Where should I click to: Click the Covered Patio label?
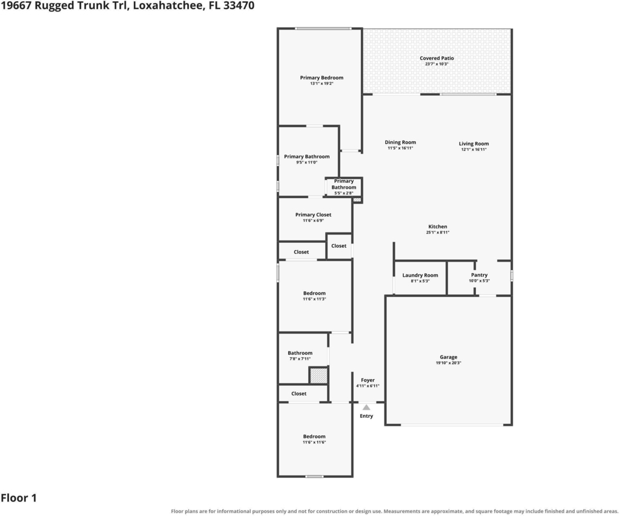[x=437, y=58]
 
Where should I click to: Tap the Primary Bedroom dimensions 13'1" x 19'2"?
[x=322, y=84]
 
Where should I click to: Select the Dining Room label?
[x=400, y=142]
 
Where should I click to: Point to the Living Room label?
[x=473, y=144]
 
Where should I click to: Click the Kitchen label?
[x=438, y=227]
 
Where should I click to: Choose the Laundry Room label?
[x=420, y=275]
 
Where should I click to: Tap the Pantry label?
[x=480, y=275]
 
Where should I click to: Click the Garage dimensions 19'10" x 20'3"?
[x=449, y=363]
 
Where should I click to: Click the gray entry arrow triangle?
[x=366, y=407]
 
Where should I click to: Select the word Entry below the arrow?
[x=366, y=416]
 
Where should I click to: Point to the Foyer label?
[x=368, y=380]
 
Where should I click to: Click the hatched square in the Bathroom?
[x=318, y=375]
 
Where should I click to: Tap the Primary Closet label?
[x=313, y=215]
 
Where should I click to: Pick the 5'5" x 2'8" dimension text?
[x=344, y=193]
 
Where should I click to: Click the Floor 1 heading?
[x=19, y=498]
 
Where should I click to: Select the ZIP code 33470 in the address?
[x=239, y=5]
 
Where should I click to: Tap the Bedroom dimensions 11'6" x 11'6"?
[x=314, y=442]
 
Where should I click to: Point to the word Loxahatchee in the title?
[x=167, y=5]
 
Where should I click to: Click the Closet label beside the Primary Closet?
[x=339, y=246]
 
